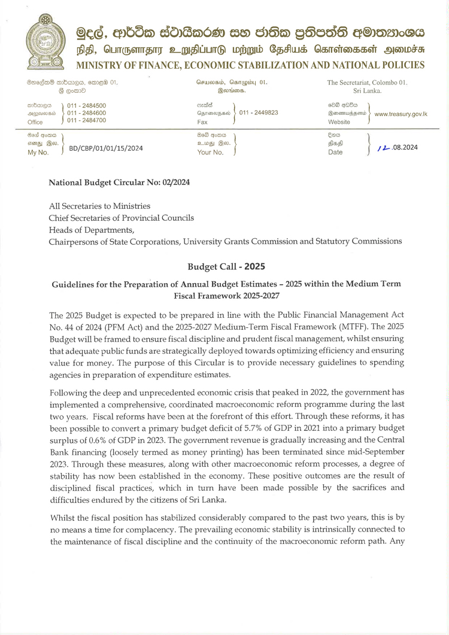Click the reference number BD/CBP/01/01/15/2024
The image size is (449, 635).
click(x=107, y=148)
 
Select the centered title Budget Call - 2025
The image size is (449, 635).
click(x=226, y=266)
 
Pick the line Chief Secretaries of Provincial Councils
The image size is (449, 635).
click(x=121, y=218)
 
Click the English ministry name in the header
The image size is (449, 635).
click(x=250, y=65)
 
